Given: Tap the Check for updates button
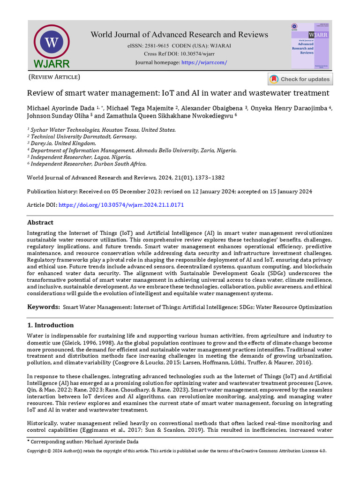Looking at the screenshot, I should [300, 79].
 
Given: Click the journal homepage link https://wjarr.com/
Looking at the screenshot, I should [204, 62].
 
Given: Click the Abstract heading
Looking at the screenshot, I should [40, 222].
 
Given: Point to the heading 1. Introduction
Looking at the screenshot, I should [50, 325].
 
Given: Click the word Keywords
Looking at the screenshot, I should [43, 307].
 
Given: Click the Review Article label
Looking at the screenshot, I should [54, 77].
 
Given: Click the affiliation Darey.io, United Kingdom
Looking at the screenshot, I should [63, 143].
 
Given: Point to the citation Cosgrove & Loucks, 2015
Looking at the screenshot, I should [139, 362].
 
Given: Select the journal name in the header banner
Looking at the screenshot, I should [180, 35].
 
